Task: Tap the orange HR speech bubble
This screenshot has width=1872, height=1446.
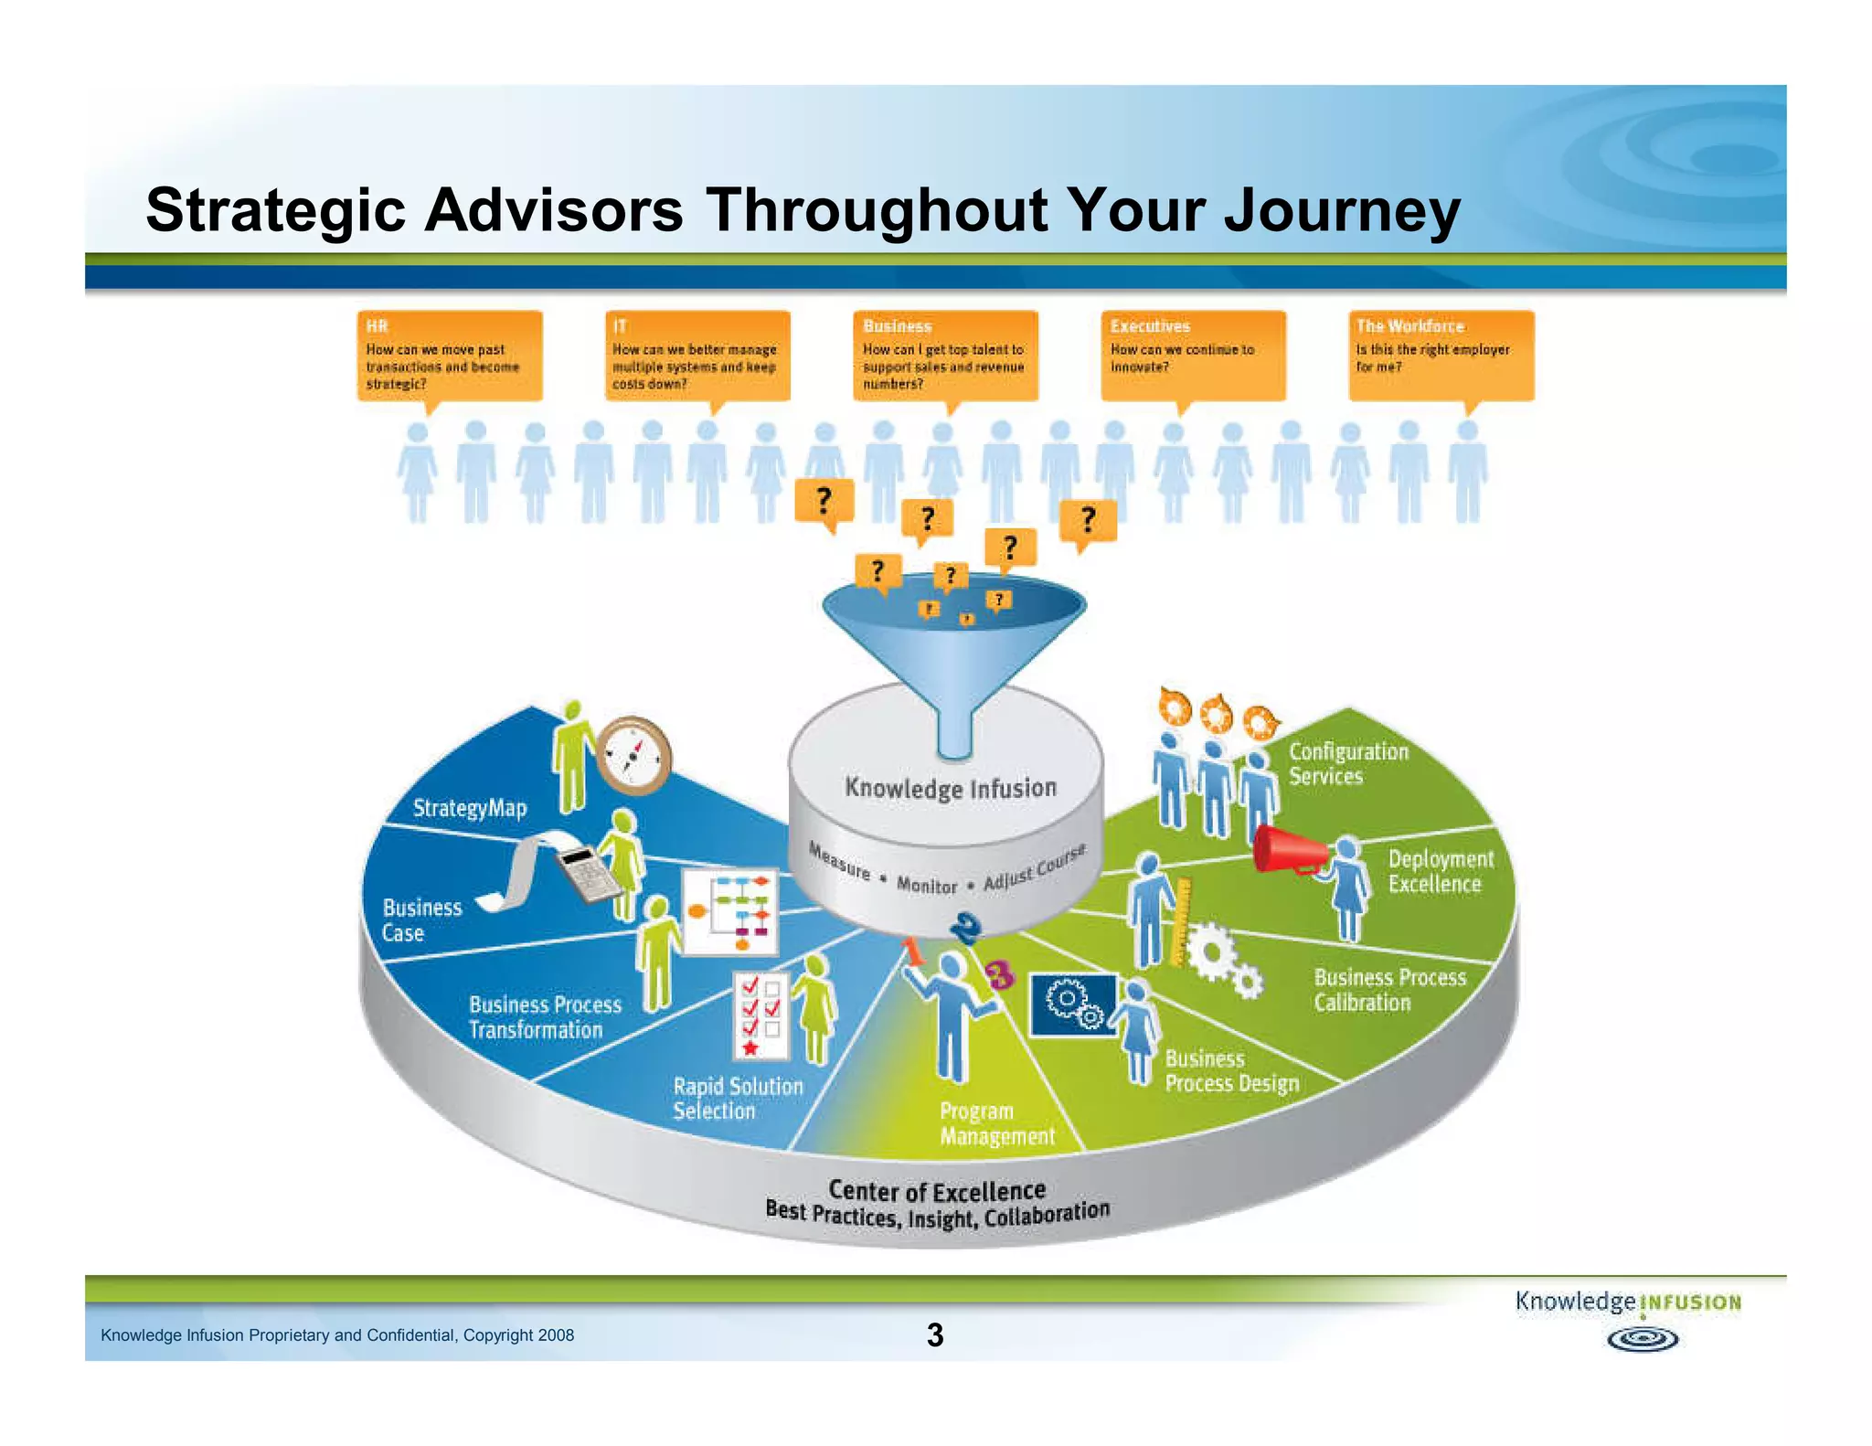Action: (449, 356)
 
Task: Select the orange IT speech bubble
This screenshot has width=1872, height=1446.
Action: (697, 356)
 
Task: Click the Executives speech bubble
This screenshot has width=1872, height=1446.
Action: (1192, 356)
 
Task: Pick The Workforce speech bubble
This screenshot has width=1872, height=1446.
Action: (1441, 356)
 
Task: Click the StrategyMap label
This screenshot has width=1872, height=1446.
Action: (470, 808)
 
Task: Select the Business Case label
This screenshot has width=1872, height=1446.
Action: (420, 920)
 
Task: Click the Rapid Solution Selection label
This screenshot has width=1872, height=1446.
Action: (737, 1098)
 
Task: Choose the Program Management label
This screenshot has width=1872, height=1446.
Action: (995, 1123)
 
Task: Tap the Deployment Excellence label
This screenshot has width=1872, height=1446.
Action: (1440, 871)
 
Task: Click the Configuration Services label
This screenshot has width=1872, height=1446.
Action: (1347, 763)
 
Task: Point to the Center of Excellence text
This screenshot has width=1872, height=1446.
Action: (936, 1191)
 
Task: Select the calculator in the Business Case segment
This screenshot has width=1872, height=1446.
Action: (589, 873)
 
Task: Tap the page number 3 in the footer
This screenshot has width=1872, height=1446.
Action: (934, 1335)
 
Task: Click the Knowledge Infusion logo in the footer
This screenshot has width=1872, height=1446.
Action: (1628, 1317)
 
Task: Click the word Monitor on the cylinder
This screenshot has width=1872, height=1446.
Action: (926, 885)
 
